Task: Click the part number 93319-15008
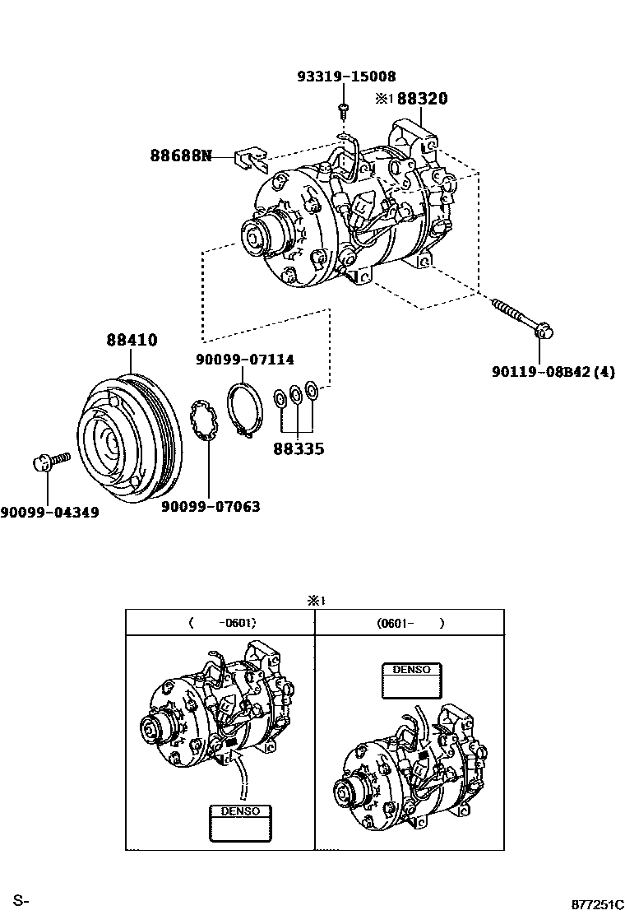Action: tap(346, 77)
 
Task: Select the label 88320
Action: tap(423, 99)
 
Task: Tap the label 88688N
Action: tap(180, 155)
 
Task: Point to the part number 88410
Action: tap(132, 340)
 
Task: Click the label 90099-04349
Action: tap(49, 513)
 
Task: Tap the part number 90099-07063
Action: tap(211, 507)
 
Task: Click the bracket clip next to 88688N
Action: tap(250, 159)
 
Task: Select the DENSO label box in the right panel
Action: tap(411, 680)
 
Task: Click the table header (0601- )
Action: tap(410, 623)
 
